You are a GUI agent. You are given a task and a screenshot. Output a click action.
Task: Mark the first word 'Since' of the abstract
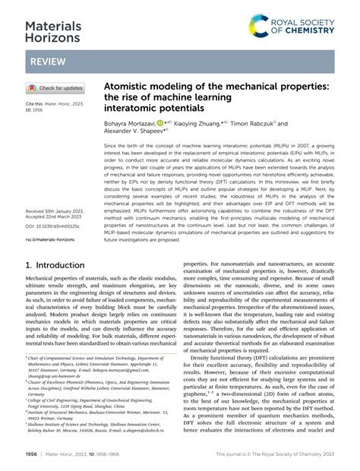(x=112, y=145)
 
